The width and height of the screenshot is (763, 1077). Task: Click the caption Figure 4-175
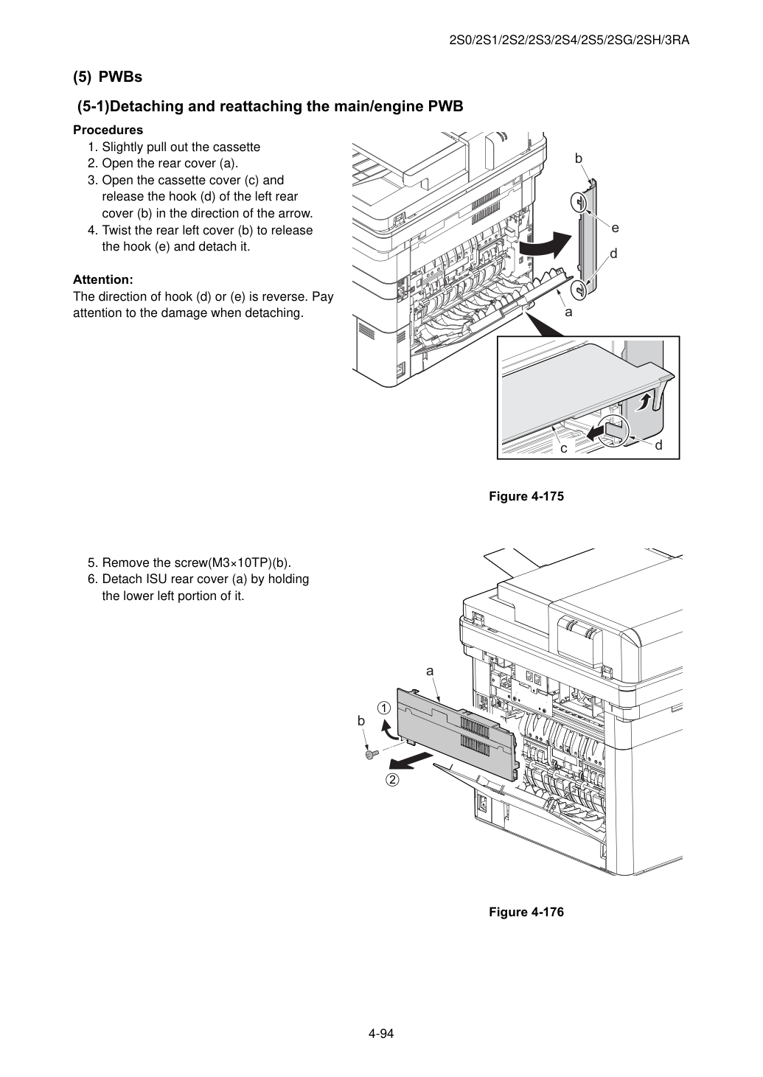[x=526, y=496]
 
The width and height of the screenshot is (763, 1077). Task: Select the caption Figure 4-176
[x=526, y=912]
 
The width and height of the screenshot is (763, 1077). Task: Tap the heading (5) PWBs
[x=108, y=77]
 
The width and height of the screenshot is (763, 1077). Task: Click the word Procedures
[x=108, y=130]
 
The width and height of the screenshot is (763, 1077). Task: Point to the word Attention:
[x=103, y=279]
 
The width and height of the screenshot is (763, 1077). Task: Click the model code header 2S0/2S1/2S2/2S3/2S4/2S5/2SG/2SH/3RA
[x=569, y=41]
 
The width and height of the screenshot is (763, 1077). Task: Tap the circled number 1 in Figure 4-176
[x=384, y=708]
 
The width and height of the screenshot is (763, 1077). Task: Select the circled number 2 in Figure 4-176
[x=392, y=779]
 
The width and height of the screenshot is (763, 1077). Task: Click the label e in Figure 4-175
[x=616, y=228]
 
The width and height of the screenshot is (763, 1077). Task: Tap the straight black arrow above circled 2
[x=410, y=761]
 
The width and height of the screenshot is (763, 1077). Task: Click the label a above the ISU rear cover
[x=430, y=672]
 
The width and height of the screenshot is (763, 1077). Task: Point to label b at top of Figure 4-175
[x=579, y=158]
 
